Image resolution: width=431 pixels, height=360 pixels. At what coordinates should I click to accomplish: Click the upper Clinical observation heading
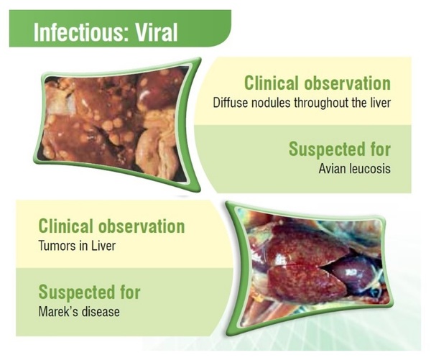coord(317,83)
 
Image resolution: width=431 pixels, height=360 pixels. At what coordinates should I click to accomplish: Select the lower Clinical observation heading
coord(111,226)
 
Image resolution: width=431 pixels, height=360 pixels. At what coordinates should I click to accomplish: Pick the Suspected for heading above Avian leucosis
coord(339,149)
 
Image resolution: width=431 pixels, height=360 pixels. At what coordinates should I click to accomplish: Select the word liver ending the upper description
coord(380,102)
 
